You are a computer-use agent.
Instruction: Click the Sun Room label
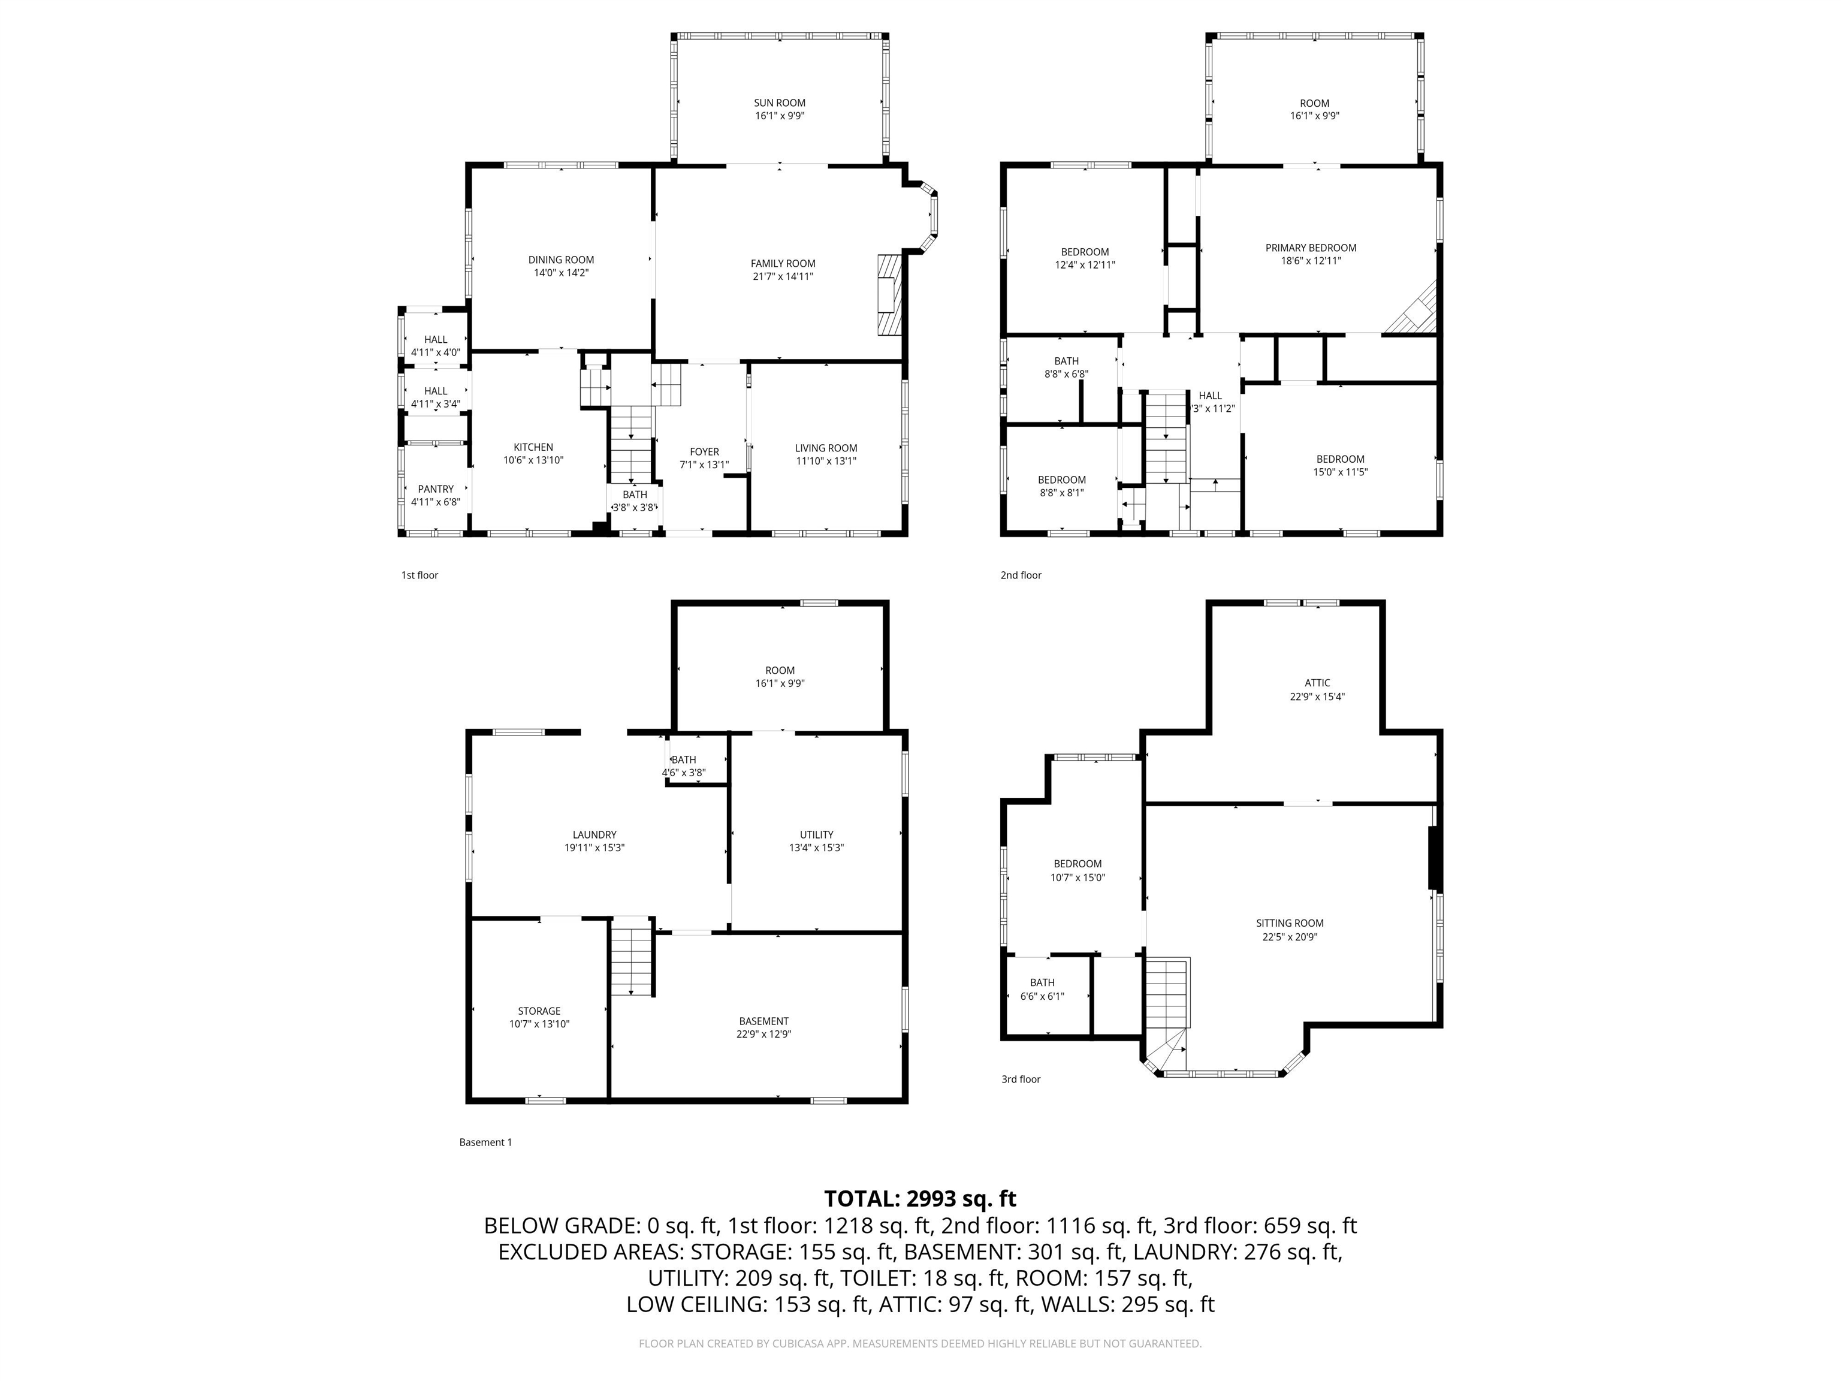click(x=780, y=103)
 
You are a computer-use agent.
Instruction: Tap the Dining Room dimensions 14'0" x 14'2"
click(x=561, y=273)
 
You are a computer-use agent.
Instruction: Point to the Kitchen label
click(x=533, y=448)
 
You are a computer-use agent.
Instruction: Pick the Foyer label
click(x=704, y=452)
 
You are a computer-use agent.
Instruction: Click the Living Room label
click(x=826, y=448)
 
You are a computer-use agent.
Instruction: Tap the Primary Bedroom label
click(x=1311, y=248)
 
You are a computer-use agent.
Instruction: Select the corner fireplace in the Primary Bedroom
click(x=1413, y=310)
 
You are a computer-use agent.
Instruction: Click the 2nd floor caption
click(x=1021, y=575)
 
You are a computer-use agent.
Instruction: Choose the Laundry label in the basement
click(x=594, y=835)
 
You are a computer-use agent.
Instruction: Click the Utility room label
click(x=816, y=835)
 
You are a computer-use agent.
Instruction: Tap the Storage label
click(x=539, y=1011)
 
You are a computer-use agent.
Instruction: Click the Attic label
click(x=1317, y=683)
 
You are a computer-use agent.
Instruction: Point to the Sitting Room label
click(x=1290, y=923)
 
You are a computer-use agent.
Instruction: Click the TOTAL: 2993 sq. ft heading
click(x=920, y=1199)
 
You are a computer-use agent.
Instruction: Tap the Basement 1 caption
click(x=485, y=1142)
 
